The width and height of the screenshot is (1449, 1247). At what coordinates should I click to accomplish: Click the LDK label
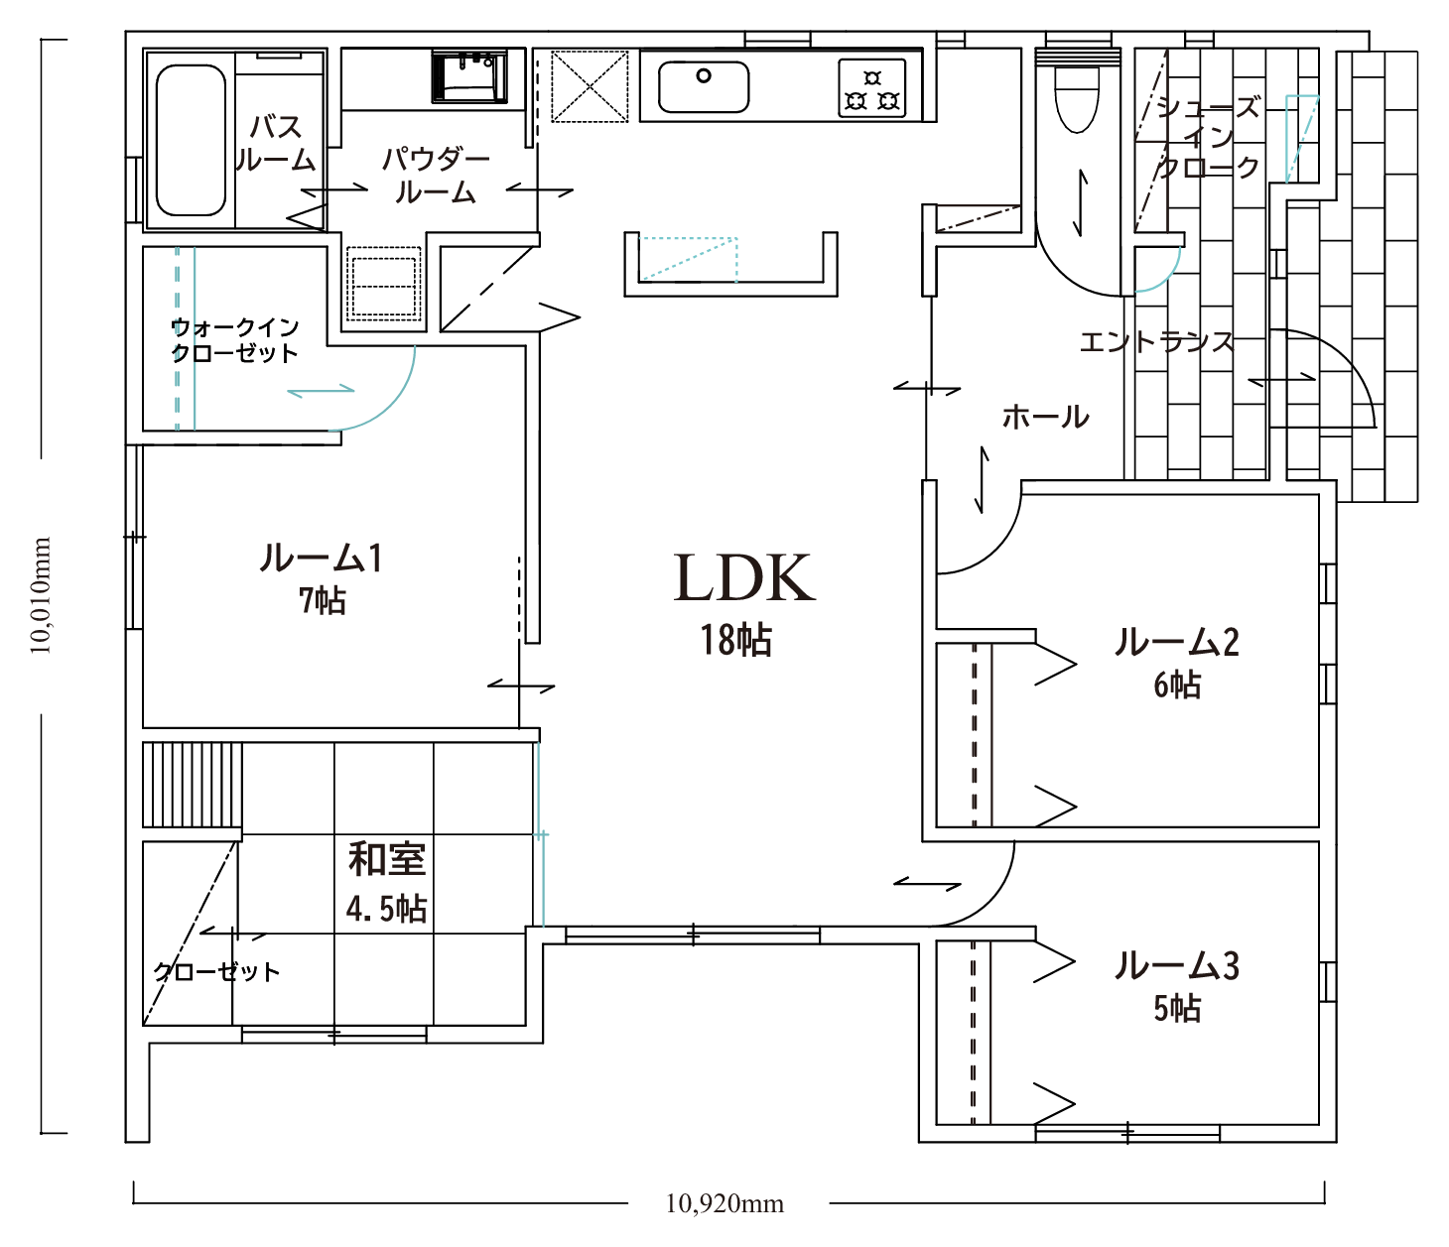[743, 578]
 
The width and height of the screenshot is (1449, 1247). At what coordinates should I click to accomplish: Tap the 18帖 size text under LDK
[736, 640]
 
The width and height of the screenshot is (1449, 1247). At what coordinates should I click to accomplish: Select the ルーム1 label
[322, 559]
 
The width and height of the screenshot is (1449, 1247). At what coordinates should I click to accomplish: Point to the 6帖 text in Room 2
[1177, 685]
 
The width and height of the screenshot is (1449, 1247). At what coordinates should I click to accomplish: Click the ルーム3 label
[1177, 965]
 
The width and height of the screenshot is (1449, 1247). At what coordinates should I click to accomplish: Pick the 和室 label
[387, 859]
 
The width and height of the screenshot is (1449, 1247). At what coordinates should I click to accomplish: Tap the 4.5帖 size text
[386, 910]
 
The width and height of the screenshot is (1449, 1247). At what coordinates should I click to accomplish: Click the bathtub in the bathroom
[191, 140]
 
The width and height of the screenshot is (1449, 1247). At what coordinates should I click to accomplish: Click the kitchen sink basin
[704, 87]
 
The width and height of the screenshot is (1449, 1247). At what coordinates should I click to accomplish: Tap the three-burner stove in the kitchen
[872, 88]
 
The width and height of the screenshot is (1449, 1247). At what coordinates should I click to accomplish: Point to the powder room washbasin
[469, 76]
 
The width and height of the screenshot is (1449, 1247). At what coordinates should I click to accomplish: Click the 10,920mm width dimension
[724, 1203]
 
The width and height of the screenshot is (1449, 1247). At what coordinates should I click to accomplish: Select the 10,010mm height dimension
[41, 595]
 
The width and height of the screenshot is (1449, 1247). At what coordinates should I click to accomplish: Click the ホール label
[1045, 418]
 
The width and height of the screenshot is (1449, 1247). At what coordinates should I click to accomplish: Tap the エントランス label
[1155, 342]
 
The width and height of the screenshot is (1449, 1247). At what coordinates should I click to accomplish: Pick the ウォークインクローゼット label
[235, 339]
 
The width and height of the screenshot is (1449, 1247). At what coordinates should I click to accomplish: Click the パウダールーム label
[436, 176]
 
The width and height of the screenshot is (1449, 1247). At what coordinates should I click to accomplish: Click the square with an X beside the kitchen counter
[590, 85]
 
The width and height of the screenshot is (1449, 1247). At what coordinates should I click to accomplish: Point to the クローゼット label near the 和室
[216, 971]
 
